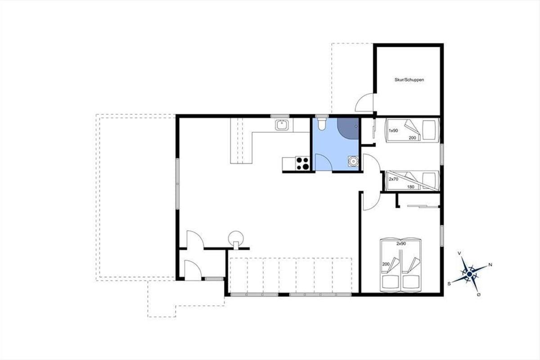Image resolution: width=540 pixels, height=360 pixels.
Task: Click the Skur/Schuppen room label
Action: pos(409,80)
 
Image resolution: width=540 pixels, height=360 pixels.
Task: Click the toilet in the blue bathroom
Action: pos(322,124)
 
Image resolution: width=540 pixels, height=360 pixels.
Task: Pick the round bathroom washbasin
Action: pos(353,161)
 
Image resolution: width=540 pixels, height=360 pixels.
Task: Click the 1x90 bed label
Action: pos(393,130)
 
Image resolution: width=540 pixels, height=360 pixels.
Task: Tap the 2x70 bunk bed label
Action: pos(393,179)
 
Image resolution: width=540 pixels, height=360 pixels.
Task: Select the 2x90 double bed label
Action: pos(401,243)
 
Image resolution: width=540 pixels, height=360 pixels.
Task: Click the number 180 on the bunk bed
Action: pos(410,187)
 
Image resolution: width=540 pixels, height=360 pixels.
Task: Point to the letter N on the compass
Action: pos(490,265)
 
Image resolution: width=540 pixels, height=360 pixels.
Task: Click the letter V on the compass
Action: pos(459,253)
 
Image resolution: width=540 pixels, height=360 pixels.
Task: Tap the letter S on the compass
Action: pos(449,284)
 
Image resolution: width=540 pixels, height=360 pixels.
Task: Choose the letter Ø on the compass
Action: pos(479,295)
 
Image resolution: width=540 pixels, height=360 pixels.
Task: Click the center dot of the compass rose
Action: pos(469,274)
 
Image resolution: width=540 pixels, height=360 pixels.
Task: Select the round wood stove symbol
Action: pos(236,238)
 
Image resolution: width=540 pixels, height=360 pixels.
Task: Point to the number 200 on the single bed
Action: pos(413,138)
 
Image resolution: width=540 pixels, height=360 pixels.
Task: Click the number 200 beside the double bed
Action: pos(386,264)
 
